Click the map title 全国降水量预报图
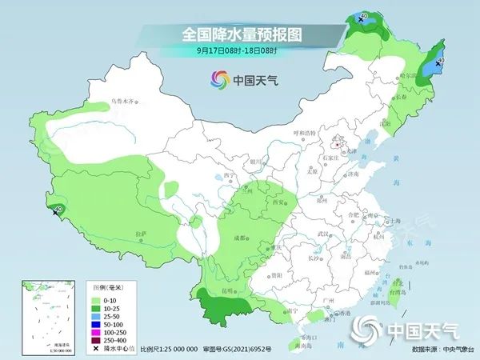239,35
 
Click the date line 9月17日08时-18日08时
239,53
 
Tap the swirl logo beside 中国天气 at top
219,80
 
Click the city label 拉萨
142,233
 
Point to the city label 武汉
323,233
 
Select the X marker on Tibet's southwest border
54,213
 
